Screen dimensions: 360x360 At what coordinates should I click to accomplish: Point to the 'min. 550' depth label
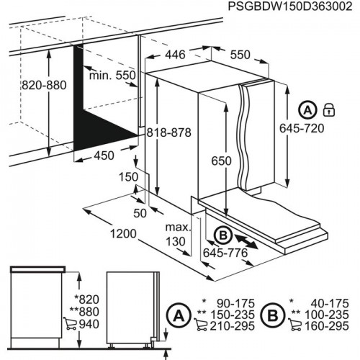(x=111, y=76)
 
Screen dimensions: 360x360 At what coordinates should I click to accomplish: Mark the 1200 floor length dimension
(x=104, y=235)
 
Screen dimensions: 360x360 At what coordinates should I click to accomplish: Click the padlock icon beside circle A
(x=328, y=111)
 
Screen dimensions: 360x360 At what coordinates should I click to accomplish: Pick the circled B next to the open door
(x=223, y=234)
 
